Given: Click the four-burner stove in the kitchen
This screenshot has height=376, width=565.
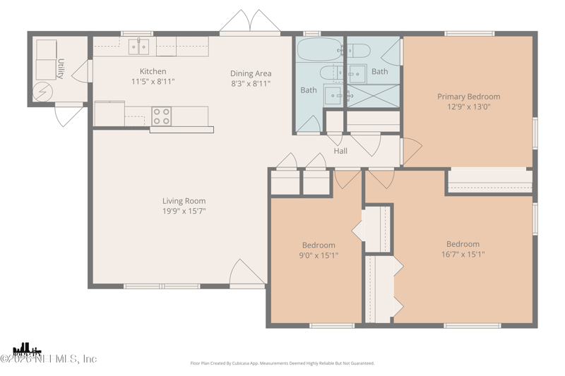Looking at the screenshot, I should [x=162, y=116].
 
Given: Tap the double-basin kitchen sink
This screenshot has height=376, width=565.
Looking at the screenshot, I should [x=138, y=48].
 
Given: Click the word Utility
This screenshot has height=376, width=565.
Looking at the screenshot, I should [x=61, y=68].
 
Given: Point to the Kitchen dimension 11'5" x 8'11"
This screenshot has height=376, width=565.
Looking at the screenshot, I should [x=153, y=82].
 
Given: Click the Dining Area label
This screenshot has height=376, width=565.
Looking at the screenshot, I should [x=251, y=73].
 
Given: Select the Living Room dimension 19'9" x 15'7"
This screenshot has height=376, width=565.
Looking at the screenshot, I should [x=184, y=211].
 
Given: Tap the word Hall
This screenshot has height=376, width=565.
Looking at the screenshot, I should [x=340, y=151].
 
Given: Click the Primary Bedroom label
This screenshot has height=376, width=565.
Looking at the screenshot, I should [x=468, y=97].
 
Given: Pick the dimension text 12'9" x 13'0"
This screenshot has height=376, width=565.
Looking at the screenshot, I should [x=468, y=107].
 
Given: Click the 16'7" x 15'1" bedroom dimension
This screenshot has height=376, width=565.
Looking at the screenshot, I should [x=463, y=255].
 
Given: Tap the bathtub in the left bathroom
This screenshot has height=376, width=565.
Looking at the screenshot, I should [x=319, y=50].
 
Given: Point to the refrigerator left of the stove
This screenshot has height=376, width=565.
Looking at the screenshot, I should [x=109, y=114].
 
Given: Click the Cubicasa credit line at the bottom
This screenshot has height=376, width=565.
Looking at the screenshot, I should [x=282, y=363].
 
